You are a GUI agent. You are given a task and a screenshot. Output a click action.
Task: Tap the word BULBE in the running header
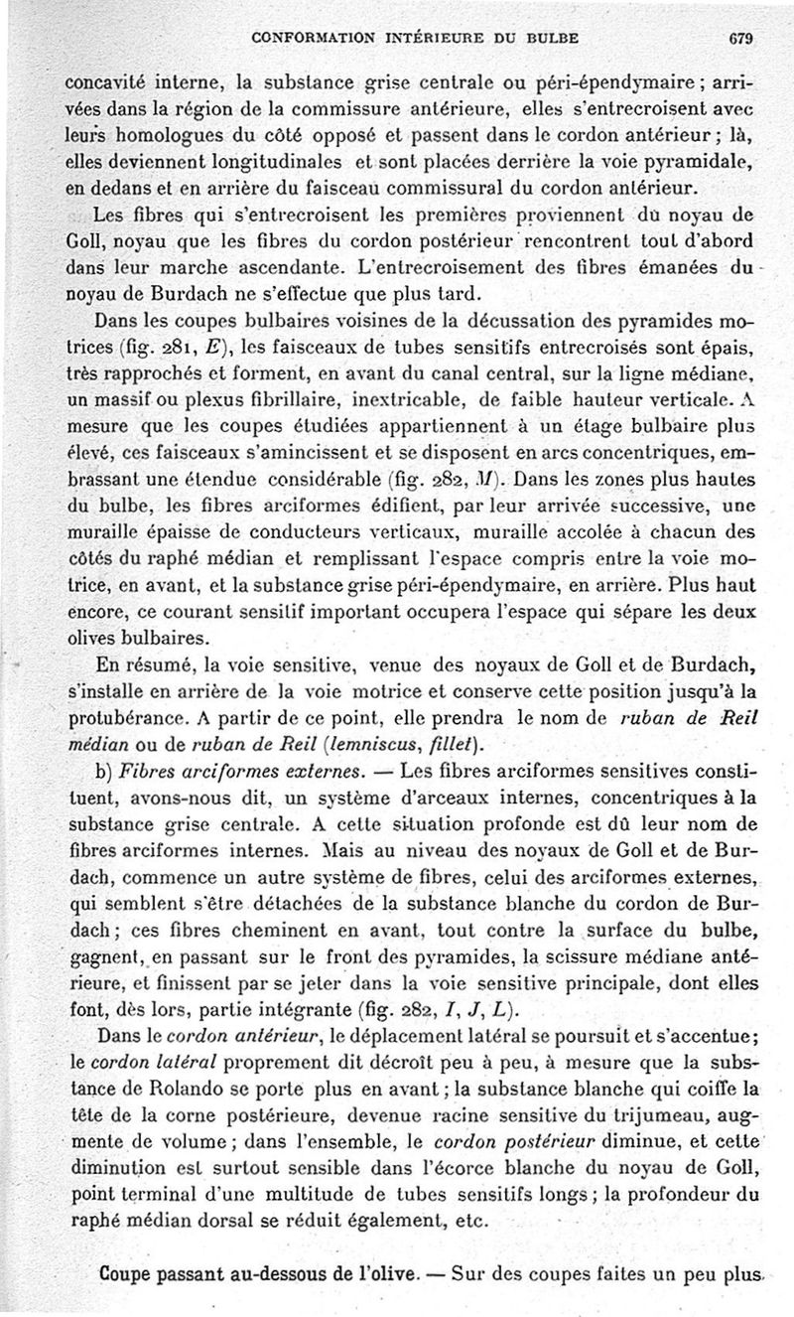552,39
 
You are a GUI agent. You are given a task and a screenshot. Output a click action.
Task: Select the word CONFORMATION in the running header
311,39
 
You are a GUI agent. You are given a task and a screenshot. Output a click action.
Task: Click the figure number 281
177,348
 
